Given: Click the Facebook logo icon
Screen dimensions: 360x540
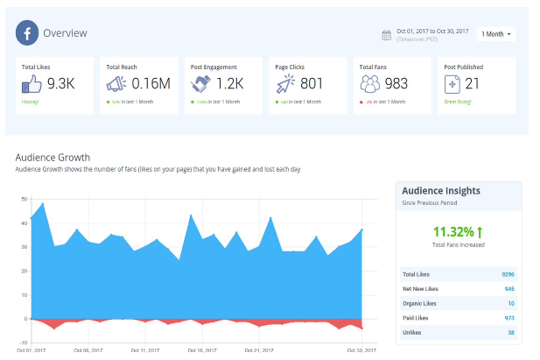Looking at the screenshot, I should point(28,33).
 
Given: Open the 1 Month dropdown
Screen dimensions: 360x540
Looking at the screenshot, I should point(495,34).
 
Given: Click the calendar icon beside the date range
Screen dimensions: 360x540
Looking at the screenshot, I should point(386,35).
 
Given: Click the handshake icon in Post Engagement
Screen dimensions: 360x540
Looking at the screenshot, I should point(200,84).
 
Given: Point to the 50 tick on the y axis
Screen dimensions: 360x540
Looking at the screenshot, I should point(25,200).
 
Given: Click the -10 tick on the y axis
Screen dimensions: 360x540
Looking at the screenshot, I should point(24,342).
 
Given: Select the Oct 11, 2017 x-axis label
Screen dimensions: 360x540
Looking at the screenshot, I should point(144,350).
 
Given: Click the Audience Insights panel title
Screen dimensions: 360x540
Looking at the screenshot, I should point(440,190).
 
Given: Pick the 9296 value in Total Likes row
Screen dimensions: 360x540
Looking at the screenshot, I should point(508,274).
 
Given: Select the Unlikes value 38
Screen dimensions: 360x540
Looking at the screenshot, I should point(510,333).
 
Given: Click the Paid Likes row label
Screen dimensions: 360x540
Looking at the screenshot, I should point(416,318).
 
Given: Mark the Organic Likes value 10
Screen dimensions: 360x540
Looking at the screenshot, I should point(510,303).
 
